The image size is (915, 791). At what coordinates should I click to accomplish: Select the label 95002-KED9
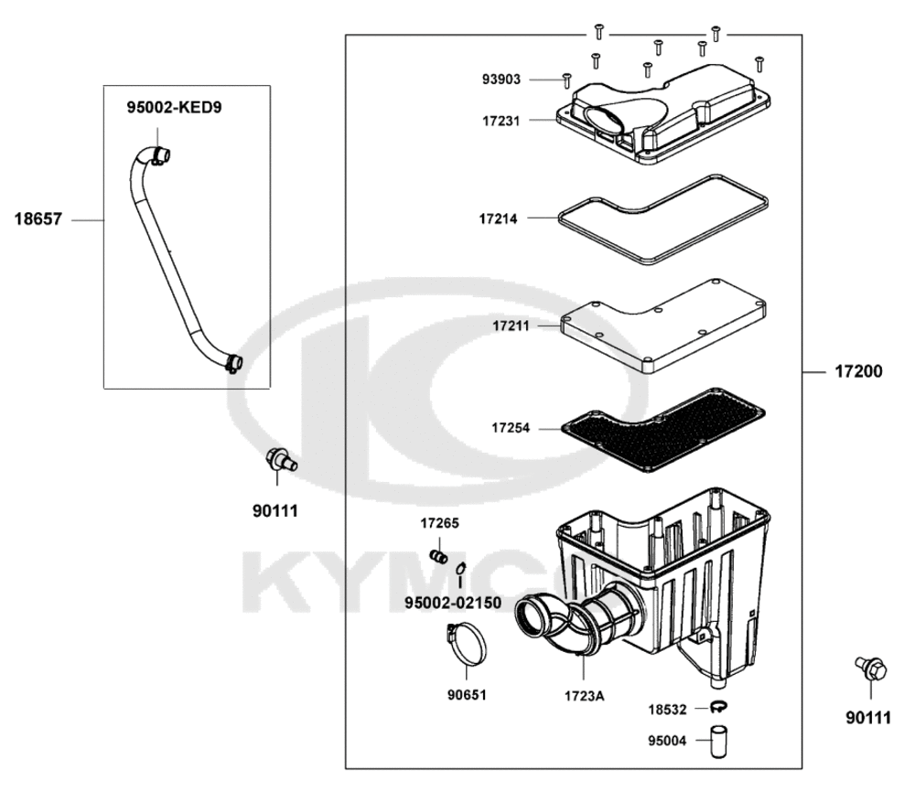(174, 108)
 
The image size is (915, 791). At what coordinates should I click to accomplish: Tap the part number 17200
(857, 372)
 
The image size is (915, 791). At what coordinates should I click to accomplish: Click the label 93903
(501, 80)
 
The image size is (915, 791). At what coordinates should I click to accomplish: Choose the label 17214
(500, 219)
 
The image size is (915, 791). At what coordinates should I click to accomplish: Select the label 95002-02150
(453, 603)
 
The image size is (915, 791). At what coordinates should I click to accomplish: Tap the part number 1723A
(584, 695)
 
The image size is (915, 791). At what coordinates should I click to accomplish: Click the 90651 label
(467, 695)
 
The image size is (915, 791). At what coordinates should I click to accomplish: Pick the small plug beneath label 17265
(438, 555)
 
